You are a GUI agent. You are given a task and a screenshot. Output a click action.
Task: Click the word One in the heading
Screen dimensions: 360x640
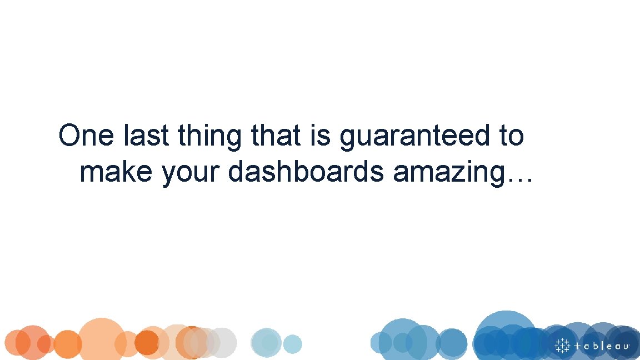tap(86, 136)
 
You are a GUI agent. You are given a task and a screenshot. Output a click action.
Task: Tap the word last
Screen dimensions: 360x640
tap(146, 136)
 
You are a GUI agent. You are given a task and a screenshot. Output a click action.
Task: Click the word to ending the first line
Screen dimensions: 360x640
tap(508, 136)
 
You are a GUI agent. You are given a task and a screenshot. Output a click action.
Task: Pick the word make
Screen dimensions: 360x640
tap(116, 172)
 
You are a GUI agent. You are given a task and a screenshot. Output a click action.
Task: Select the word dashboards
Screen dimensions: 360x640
tap(306, 172)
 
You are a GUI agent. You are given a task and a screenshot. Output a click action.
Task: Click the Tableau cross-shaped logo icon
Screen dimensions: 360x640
tap(562, 345)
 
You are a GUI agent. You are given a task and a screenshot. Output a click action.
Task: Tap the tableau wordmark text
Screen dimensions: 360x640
tap(602, 346)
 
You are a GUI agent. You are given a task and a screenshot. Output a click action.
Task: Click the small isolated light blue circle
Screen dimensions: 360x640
tap(292, 344)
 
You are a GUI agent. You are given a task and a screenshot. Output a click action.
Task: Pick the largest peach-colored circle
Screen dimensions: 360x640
tap(101, 338)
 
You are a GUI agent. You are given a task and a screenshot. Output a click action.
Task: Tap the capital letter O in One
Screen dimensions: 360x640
tap(71, 136)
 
